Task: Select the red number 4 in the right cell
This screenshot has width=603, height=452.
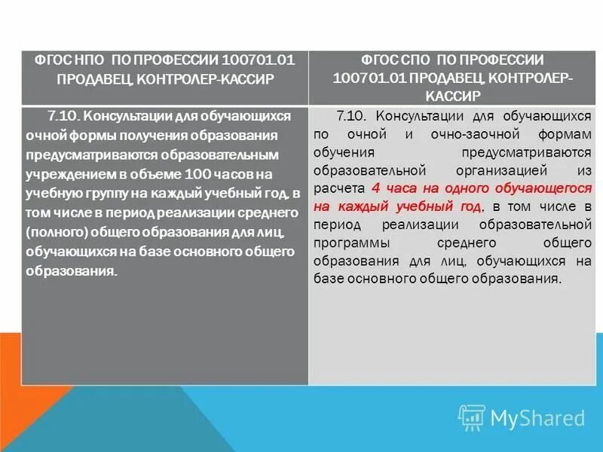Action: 375,188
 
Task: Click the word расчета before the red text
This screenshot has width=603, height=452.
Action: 341,188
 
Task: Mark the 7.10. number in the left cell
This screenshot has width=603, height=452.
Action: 63,115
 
